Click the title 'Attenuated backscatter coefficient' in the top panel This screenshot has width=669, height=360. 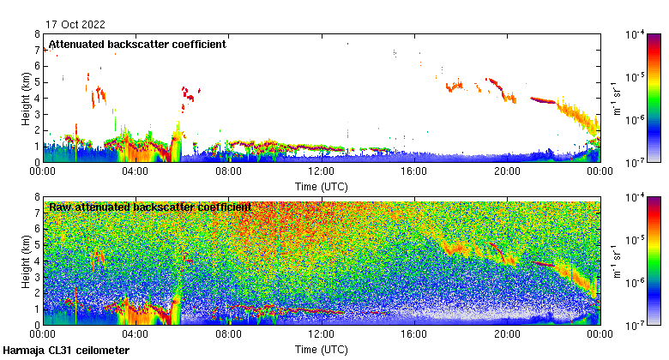(x=137, y=45)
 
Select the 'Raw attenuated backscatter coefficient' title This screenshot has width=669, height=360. (x=150, y=207)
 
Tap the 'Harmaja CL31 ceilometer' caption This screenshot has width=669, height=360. (x=67, y=351)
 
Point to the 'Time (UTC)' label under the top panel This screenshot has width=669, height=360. (x=322, y=186)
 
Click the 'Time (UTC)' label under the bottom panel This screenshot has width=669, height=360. (x=322, y=350)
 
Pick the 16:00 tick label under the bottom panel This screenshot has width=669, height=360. (x=414, y=335)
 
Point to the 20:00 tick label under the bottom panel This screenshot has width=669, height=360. (x=507, y=335)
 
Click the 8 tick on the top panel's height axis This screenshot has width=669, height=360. (x=38, y=34)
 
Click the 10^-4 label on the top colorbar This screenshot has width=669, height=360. (x=636, y=35)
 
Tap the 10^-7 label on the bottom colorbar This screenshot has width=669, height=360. (x=636, y=326)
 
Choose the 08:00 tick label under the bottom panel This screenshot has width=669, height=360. (x=229, y=335)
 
